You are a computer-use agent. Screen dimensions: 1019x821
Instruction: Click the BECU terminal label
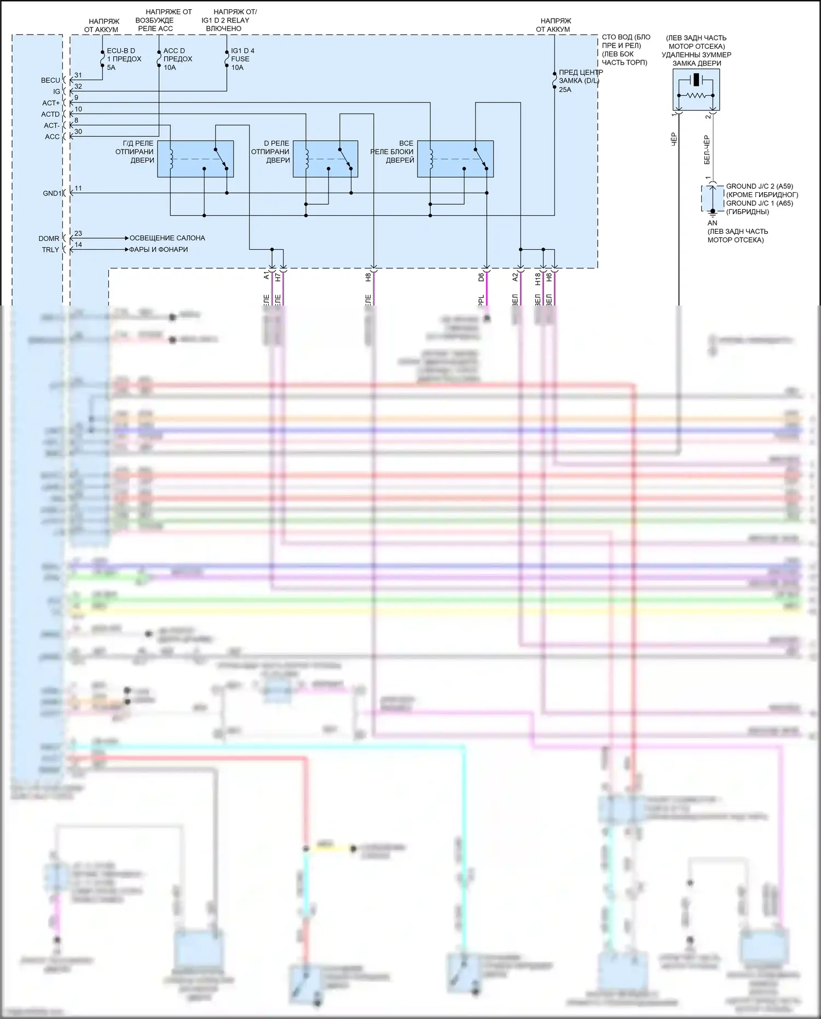[x=50, y=80]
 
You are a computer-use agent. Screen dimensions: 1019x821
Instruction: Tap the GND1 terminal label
[x=52, y=193]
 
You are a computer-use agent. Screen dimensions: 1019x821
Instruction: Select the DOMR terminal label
[x=49, y=239]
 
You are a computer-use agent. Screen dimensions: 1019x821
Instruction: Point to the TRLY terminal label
[x=50, y=250]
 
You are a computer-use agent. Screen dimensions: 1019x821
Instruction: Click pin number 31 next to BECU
[x=78, y=76]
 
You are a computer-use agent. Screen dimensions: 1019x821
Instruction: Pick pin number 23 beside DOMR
[x=78, y=234]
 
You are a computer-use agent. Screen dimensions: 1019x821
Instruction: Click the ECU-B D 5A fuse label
[x=123, y=59]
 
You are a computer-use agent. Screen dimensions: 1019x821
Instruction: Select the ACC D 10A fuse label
[x=177, y=59]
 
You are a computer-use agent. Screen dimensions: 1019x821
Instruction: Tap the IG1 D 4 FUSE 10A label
[x=242, y=59]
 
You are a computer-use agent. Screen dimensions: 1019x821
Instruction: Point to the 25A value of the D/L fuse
[x=565, y=90]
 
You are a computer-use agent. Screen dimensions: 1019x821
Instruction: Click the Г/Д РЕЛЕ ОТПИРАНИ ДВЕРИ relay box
[x=195, y=159]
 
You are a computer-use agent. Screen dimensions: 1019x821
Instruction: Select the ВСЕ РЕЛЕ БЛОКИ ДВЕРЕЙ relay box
[x=455, y=159]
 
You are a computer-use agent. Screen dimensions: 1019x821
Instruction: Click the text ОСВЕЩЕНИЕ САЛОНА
[x=167, y=238]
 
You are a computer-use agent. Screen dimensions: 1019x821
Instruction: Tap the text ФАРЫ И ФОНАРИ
[x=158, y=250]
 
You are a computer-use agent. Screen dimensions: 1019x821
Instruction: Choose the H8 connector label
[x=368, y=278]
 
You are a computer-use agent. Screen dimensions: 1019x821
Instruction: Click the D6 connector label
[x=481, y=278]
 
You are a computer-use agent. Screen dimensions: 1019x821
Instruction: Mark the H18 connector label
[x=538, y=279]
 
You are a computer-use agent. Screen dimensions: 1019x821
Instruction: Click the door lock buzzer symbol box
[x=696, y=90]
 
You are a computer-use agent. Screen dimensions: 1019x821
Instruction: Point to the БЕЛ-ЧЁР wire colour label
[x=707, y=149]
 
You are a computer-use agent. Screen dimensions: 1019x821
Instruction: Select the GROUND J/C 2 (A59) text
[x=759, y=187]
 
